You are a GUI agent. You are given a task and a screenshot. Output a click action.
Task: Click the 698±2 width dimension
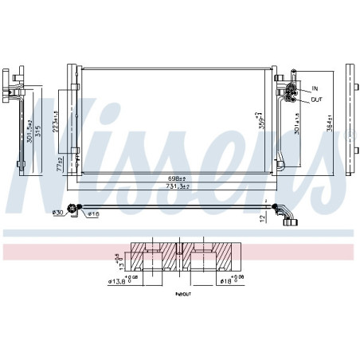(x=176, y=178)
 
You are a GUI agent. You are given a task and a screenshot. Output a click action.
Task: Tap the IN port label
(x=315, y=88)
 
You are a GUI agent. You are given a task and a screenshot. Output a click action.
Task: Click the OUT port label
(x=317, y=99)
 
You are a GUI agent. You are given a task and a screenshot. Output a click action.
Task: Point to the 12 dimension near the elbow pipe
(x=262, y=217)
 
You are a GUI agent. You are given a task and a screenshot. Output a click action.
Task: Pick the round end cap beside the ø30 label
(x=73, y=209)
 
